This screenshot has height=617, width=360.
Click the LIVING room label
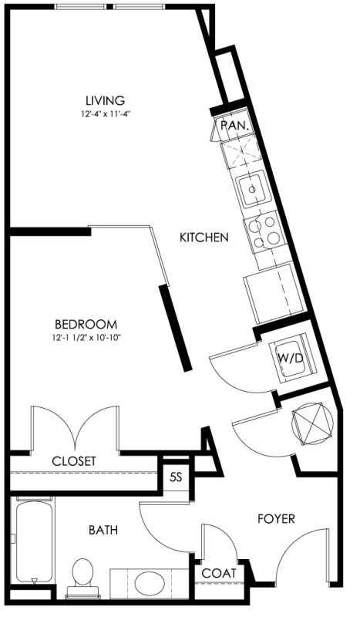coord(106,100)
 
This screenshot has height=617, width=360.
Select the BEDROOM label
coord(86,324)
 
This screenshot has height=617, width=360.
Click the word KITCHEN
coord(204,238)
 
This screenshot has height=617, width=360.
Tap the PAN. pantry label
coord(235,126)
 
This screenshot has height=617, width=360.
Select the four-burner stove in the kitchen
coord(264,233)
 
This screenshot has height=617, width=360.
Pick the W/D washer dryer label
coord(291,359)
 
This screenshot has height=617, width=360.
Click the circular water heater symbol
coord(312,423)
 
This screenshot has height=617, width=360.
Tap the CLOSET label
coord(74,460)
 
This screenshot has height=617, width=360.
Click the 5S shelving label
coord(176,477)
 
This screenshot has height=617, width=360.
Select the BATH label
coord(103,530)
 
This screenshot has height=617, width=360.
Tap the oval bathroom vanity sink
coord(150,583)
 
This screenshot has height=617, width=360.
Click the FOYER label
coord(276,518)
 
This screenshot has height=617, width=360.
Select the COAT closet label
coord(219,573)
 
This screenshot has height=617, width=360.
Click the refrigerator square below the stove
coord(274,293)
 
